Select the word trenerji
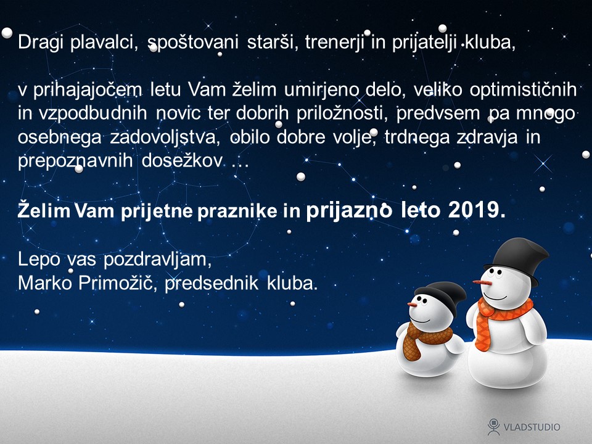334,43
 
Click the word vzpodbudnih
93,113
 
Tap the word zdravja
487,137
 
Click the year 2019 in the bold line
477,210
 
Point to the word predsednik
212,284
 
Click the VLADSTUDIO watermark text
532,427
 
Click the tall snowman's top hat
517,259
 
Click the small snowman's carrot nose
413,304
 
